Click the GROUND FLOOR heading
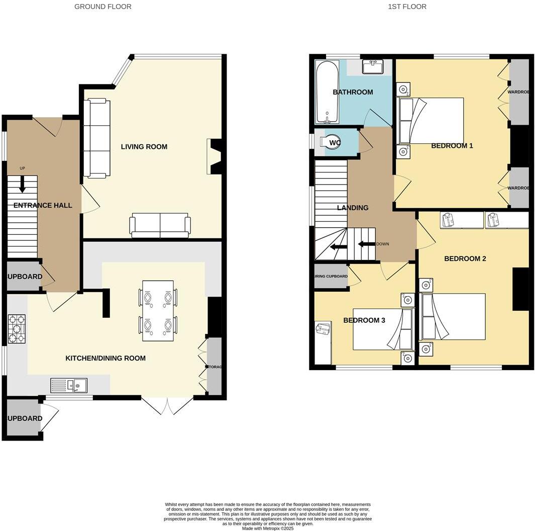(102, 7)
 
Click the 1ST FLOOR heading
(407, 7)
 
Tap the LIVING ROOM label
(144, 147)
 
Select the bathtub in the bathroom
(327, 92)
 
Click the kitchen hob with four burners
(16, 329)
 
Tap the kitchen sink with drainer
(69, 386)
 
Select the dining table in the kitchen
(158, 311)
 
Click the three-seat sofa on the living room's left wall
(96, 138)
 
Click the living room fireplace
(215, 156)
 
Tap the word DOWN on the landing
(382, 244)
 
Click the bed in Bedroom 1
(431, 121)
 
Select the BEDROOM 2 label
(465, 259)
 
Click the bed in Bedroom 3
(382, 329)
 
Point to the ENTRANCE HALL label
(43, 205)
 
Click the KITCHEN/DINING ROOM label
(105, 358)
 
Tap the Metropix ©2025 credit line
(267, 528)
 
